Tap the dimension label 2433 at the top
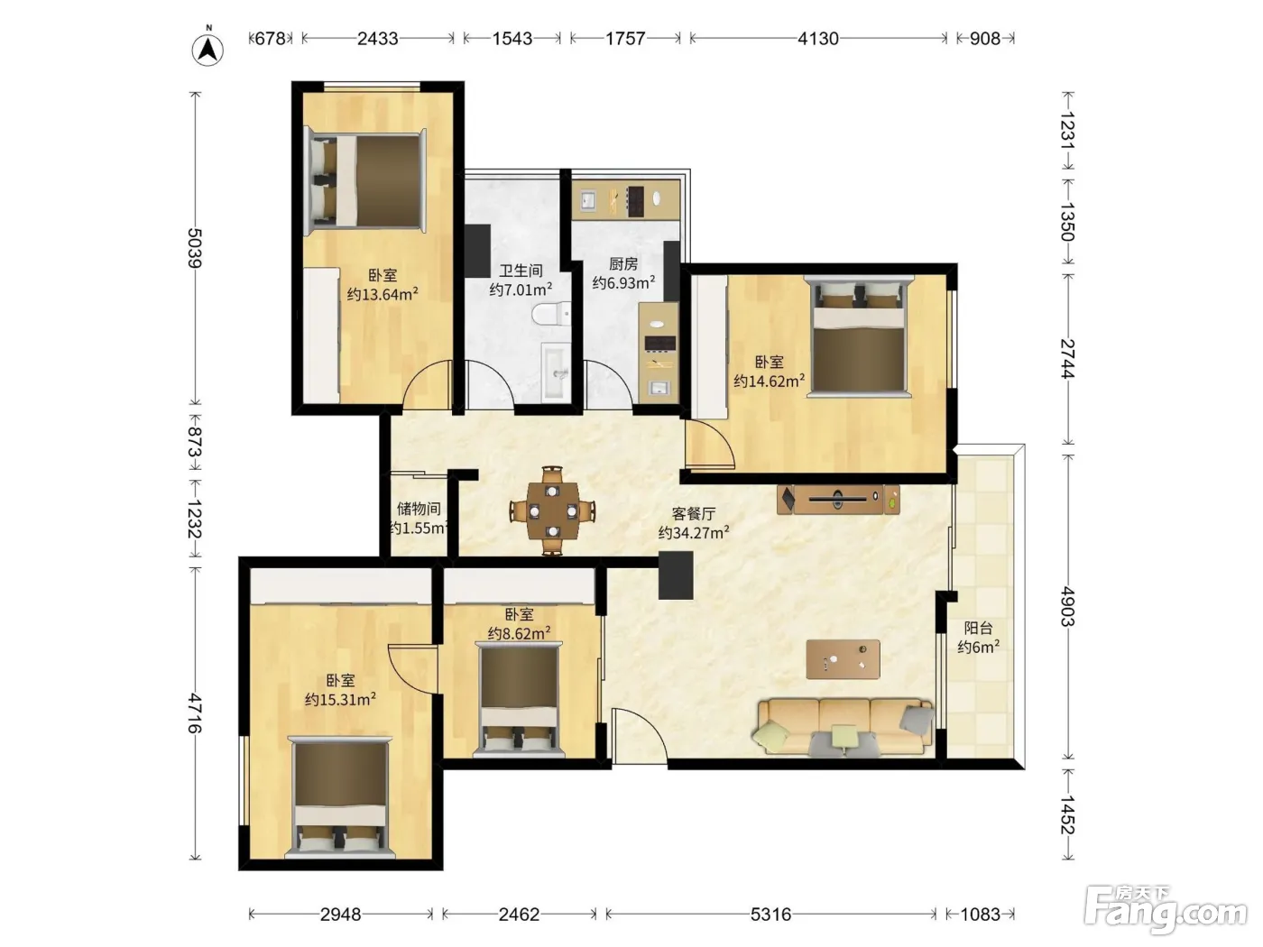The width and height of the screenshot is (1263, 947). tap(377, 39)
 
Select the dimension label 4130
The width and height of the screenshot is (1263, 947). tap(817, 39)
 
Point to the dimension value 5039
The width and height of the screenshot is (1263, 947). tap(195, 248)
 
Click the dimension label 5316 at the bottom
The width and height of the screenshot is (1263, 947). tap(770, 914)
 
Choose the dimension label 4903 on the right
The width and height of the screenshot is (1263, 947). tap(1067, 606)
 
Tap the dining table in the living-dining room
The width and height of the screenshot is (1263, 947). tap(552, 510)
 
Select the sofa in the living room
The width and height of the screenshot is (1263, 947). tap(844, 726)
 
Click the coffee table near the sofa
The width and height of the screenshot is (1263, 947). tap(843, 659)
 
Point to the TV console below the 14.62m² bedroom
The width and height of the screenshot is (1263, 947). tap(838, 499)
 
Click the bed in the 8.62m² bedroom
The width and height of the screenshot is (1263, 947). tap(520, 699)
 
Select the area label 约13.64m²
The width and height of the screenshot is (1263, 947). tap(383, 294)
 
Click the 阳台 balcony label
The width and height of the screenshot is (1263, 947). tap(978, 628)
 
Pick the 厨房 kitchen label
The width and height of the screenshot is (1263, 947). tap(623, 264)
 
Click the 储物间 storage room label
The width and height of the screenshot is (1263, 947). tap(419, 509)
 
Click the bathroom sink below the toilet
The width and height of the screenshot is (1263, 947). tap(556, 372)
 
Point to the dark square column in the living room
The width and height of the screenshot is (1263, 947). tap(676, 575)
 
